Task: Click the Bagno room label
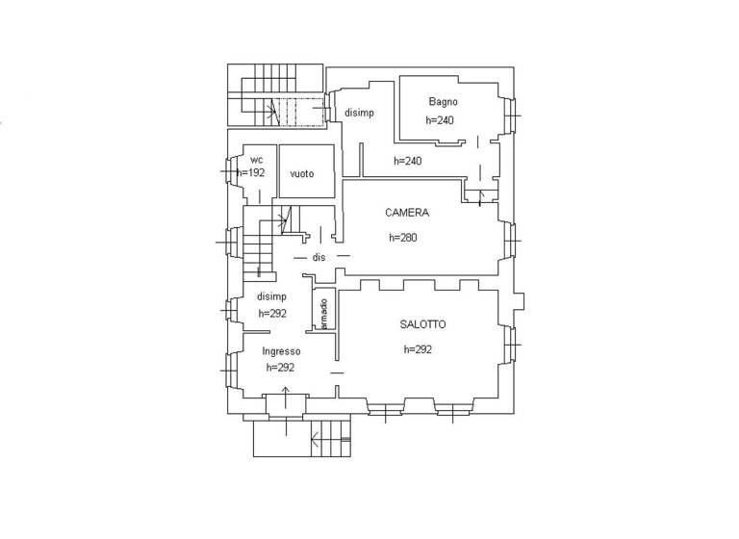point(444,102)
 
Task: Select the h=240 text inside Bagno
point(439,120)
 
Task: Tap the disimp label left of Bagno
point(359,113)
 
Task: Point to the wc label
point(257,159)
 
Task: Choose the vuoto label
point(302,173)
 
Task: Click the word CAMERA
point(407,213)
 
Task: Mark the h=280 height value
point(403,237)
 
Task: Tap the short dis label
point(319,258)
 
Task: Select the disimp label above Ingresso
point(271,295)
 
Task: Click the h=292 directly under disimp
point(272,314)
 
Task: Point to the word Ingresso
point(282,351)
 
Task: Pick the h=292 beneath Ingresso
point(280,368)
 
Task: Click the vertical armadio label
point(325,314)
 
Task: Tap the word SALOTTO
point(422,324)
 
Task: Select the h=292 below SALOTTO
point(418,349)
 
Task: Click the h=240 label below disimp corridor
point(407,161)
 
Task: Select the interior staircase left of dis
point(258,247)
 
